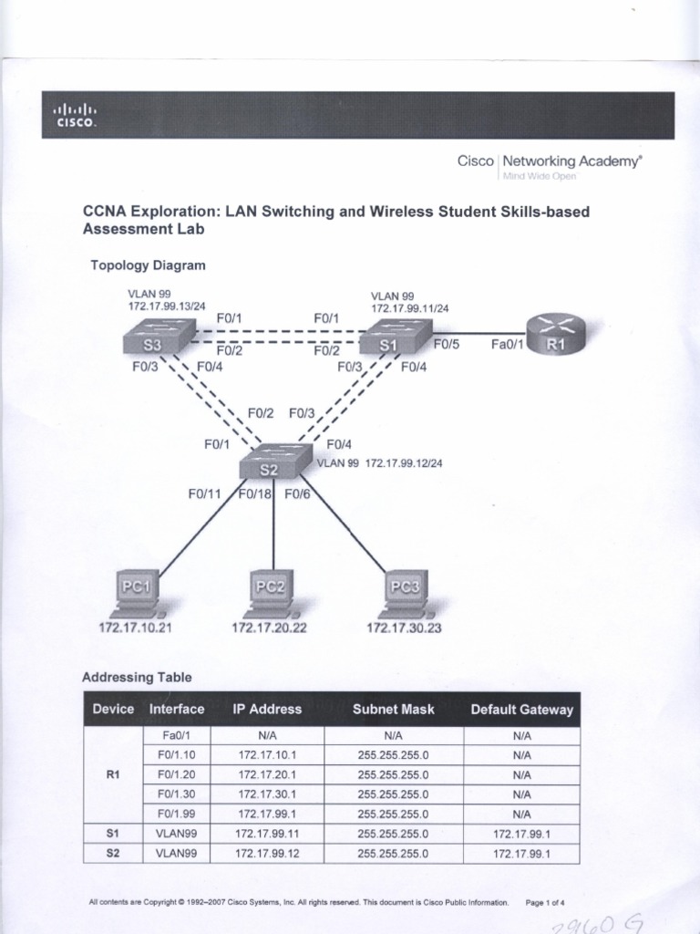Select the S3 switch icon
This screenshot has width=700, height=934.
tap(156, 343)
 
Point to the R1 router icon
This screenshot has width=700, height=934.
tap(554, 338)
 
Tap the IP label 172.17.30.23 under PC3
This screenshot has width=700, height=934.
tap(403, 628)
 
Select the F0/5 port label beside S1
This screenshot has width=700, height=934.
tap(447, 346)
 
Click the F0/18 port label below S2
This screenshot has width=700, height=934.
tap(256, 494)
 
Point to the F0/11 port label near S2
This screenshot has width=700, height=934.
tap(205, 494)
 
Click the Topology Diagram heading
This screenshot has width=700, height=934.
tap(148, 265)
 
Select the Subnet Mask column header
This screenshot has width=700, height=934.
tap(394, 709)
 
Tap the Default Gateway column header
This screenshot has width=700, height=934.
tap(521, 709)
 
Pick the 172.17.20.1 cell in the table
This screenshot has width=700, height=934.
tap(267, 773)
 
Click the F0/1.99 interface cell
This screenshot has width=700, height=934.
tap(177, 813)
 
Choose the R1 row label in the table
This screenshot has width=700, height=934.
tap(113, 773)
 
